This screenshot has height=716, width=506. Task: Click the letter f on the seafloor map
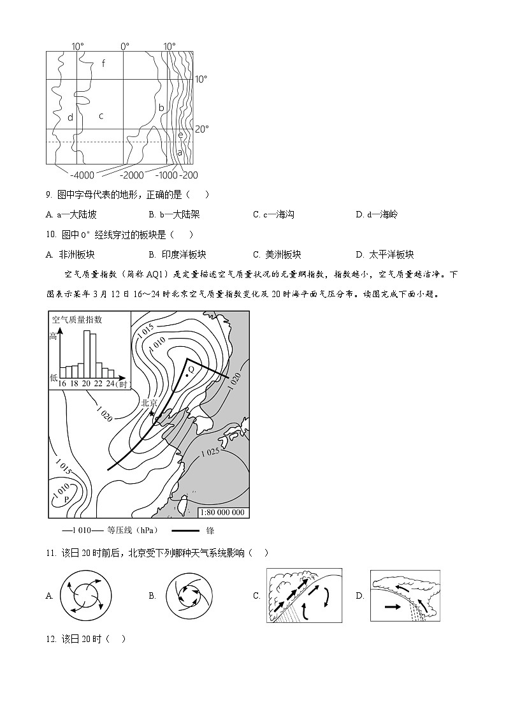(x=103, y=63)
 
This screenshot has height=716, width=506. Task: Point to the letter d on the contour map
(x=70, y=117)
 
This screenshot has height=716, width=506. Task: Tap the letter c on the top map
(x=101, y=116)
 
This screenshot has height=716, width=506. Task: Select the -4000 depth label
(x=82, y=175)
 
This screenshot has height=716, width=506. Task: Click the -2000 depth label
(x=132, y=175)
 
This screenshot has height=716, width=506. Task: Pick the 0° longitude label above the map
(x=125, y=46)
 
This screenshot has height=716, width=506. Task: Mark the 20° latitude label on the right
(x=201, y=129)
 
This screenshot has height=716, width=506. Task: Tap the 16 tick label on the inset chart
(x=62, y=383)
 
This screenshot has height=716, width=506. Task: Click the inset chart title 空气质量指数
(x=77, y=319)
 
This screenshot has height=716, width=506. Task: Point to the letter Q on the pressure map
(x=191, y=370)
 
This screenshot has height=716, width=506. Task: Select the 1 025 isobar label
(x=210, y=453)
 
